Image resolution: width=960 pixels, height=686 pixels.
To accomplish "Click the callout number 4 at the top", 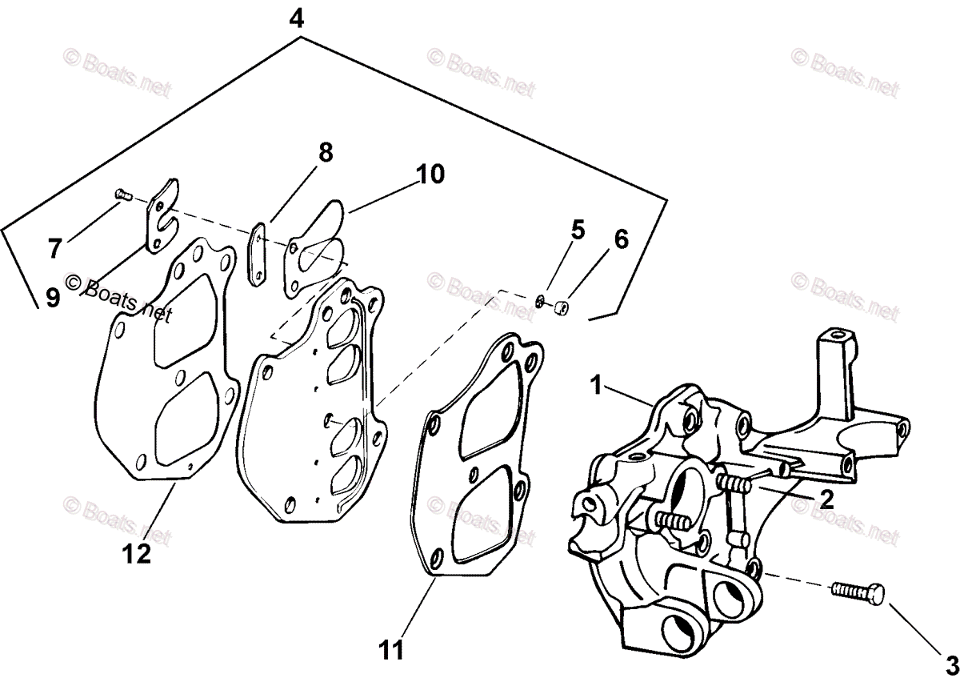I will click(x=297, y=17).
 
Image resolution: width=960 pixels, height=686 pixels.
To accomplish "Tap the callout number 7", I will click(x=54, y=249).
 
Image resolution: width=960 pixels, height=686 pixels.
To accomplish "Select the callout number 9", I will click(x=52, y=299).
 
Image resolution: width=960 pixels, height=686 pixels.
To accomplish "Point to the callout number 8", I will click(x=326, y=152).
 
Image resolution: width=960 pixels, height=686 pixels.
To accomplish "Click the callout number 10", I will click(x=430, y=174).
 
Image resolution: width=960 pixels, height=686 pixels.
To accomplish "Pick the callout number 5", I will click(x=578, y=230).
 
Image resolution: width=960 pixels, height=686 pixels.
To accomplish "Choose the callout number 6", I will click(x=622, y=239).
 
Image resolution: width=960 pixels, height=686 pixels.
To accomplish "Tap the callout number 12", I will click(x=137, y=553).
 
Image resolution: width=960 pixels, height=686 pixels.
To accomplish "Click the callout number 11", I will click(x=393, y=648).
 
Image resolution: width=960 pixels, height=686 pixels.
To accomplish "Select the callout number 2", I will click(x=826, y=500).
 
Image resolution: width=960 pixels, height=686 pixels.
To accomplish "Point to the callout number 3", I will click(x=950, y=664).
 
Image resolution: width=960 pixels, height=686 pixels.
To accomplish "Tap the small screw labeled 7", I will click(x=122, y=193).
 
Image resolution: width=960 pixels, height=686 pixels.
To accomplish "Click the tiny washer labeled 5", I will click(x=542, y=301).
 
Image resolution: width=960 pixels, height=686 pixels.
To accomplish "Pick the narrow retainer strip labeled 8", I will click(x=258, y=253).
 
